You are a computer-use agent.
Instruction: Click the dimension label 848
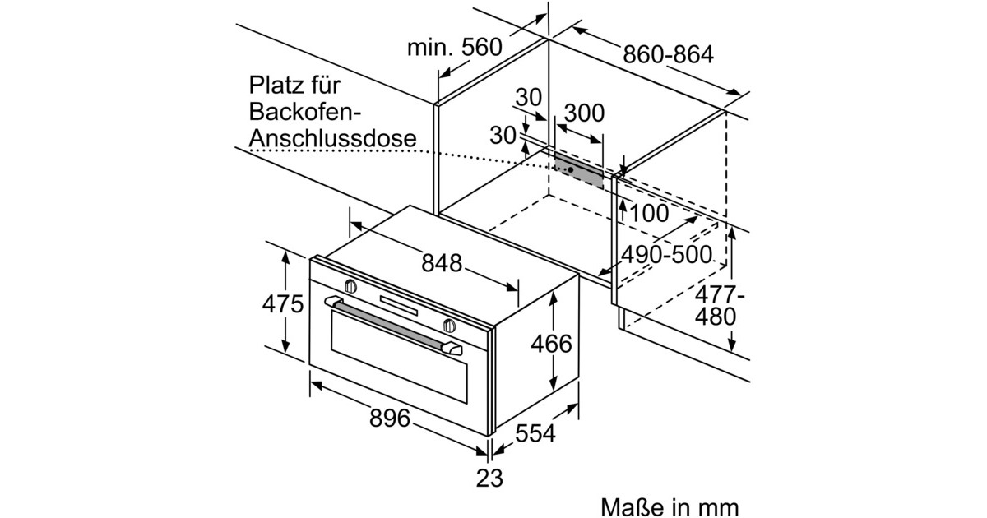pos(442,263)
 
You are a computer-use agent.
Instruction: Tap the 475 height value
pos(283,304)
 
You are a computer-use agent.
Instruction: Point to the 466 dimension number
pos(551,343)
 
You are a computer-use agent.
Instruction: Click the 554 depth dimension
pos(535,434)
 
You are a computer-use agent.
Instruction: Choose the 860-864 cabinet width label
pos(668,55)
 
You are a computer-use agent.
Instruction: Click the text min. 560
pos(455,48)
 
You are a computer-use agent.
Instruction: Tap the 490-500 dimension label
pos(666,254)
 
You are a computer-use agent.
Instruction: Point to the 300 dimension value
pos(584,113)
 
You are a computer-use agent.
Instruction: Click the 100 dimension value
pos(649,213)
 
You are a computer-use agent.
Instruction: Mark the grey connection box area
pos(584,171)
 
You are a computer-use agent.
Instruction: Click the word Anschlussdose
pos(332,138)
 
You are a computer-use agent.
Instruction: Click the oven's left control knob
pos(350,286)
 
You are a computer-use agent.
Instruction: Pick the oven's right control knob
pos(449,325)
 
